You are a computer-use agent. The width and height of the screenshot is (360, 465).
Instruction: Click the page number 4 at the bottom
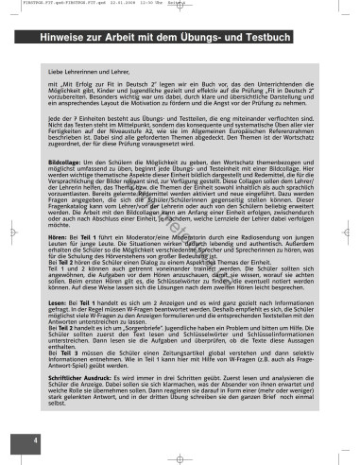click(x=36, y=439)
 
